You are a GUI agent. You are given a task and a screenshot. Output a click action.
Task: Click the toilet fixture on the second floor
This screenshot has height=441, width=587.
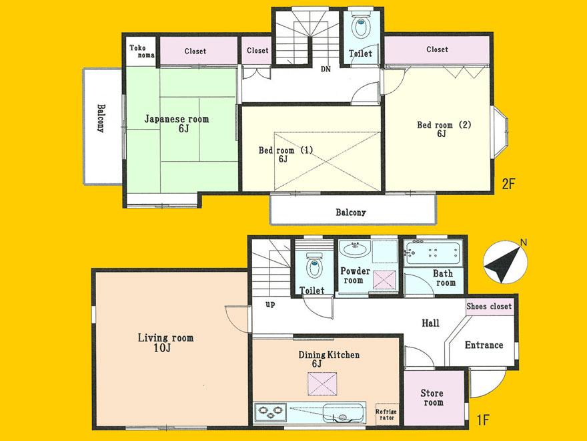click(361, 27)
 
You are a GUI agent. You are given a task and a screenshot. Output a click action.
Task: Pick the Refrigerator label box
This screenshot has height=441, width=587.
click(387, 414)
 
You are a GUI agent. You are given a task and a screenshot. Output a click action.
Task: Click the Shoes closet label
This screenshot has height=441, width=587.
click(489, 307)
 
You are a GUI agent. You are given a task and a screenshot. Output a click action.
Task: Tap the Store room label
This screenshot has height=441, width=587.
click(432, 398)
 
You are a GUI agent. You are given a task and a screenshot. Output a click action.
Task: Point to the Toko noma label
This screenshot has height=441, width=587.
click(141, 51)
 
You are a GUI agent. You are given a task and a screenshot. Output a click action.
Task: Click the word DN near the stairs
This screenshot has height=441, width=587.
click(326, 69)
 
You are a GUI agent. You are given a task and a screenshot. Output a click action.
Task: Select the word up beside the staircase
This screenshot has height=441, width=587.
click(270, 304)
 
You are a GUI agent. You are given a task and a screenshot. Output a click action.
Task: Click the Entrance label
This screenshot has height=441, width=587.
click(484, 345)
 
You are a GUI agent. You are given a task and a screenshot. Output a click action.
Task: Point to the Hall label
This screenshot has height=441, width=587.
click(430, 323)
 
